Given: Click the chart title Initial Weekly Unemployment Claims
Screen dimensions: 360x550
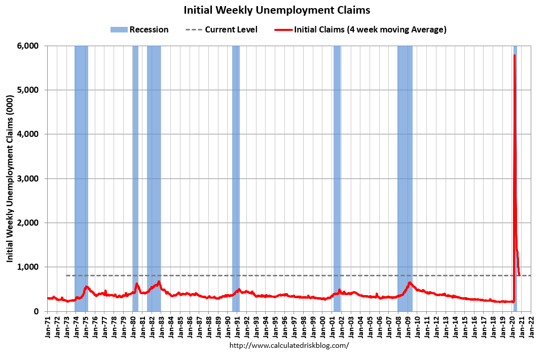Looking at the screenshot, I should (x=277, y=10).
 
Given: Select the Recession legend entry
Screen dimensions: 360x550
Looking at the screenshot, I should (x=139, y=29).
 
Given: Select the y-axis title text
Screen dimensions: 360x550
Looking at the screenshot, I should (x=10, y=178).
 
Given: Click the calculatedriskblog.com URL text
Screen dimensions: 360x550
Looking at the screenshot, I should (x=289, y=345).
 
